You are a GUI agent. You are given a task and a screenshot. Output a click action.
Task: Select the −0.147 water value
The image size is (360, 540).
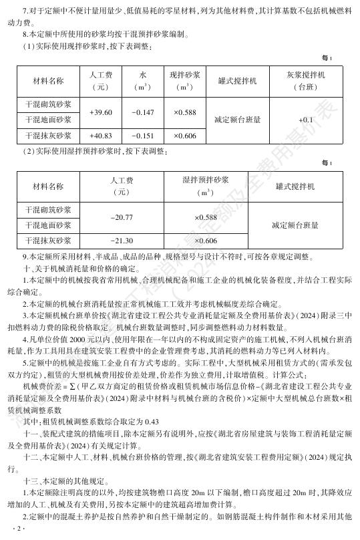(143, 112)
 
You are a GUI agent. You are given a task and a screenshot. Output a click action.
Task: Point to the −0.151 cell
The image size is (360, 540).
(143, 136)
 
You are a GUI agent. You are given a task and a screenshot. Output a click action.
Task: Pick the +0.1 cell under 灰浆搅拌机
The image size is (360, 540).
(306, 120)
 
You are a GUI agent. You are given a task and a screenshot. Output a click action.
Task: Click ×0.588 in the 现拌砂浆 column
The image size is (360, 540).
(185, 112)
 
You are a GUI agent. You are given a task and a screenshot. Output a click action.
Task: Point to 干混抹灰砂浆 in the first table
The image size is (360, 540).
(48, 136)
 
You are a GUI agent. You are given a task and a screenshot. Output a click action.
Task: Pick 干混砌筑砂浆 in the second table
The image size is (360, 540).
(48, 210)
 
